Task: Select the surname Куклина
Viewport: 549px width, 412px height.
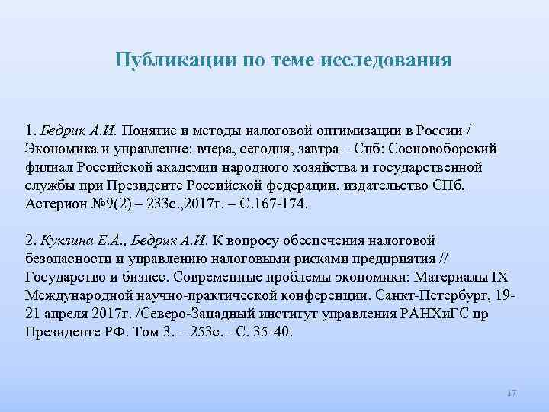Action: point(63,241)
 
